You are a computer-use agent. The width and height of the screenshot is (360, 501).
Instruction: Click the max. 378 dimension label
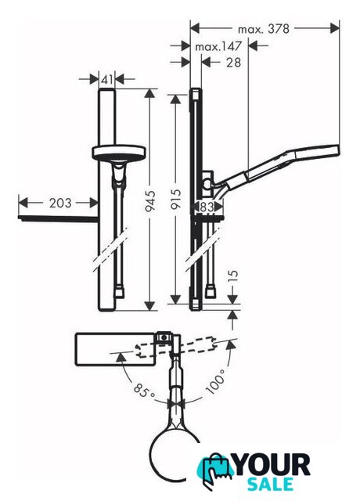click(264, 30)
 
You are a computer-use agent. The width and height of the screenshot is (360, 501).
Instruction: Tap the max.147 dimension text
click(218, 47)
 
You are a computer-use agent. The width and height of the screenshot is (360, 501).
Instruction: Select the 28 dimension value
click(233, 63)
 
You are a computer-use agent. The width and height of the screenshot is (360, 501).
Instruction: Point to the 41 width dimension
click(106, 80)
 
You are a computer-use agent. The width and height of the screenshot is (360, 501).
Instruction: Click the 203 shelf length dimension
click(60, 203)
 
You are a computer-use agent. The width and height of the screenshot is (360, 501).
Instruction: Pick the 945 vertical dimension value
click(149, 200)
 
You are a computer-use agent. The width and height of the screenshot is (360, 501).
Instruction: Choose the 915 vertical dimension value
click(176, 200)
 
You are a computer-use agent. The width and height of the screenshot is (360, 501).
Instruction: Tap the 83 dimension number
click(207, 207)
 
